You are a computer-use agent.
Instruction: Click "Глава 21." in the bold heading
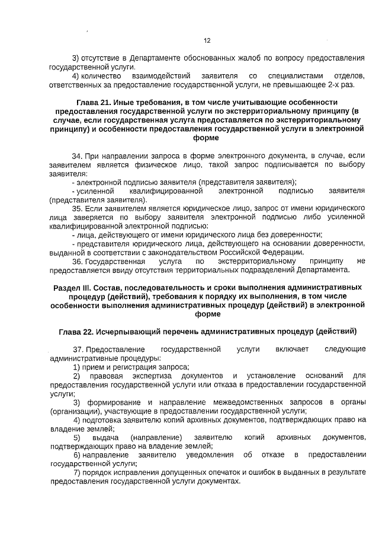(x=94, y=102)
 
